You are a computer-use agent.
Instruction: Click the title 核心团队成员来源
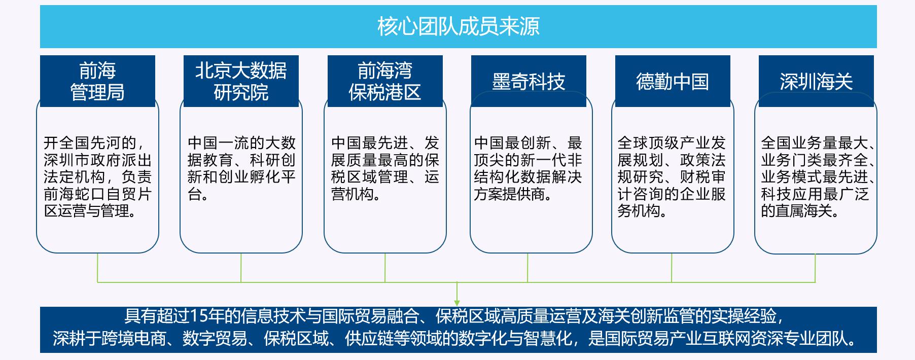tap(458, 26)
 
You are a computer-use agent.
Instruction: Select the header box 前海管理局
tap(97, 81)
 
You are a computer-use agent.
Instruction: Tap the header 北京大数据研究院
tap(241, 81)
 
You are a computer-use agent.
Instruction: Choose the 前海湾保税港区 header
tap(385, 81)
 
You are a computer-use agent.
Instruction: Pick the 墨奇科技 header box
tap(529, 82)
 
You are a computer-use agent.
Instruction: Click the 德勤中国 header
tap(673, 82)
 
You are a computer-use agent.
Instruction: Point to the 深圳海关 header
tap(816, 82)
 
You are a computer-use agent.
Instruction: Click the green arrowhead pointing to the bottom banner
tap(457, 302)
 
